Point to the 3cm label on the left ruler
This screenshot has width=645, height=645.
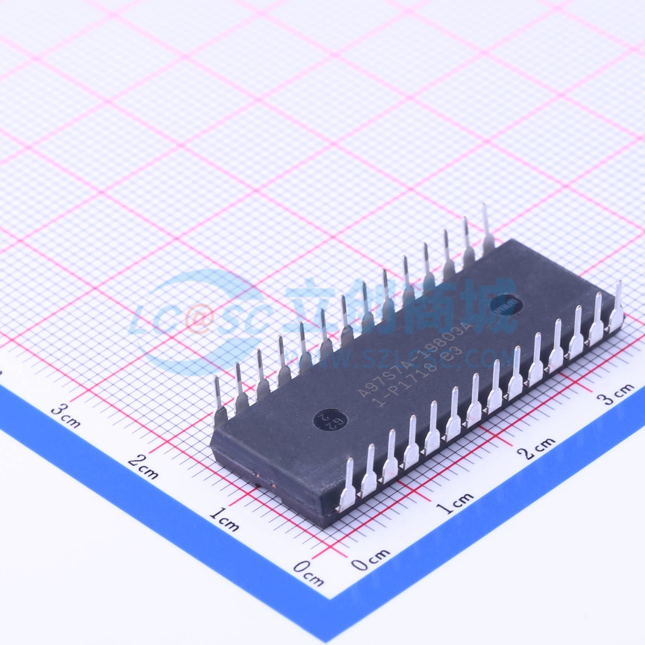67,416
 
